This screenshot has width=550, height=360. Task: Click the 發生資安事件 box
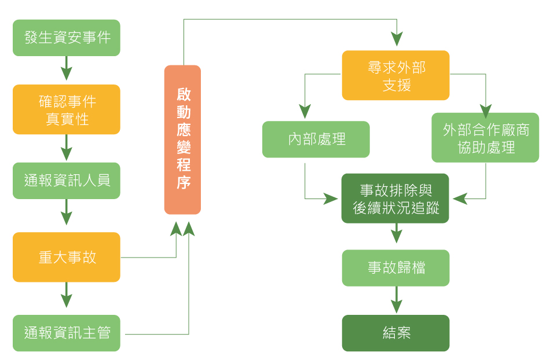[67, 38]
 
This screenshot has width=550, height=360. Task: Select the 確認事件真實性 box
[67, 109]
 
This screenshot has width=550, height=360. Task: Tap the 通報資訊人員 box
[67, 181]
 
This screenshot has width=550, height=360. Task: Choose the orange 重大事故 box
[67, 257]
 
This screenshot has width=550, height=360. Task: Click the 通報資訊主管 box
[67, 333]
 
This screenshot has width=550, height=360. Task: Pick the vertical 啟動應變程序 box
[183, 139]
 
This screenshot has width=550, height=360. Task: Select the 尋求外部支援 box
[396, 75]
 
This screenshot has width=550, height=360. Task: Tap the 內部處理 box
[316, 139]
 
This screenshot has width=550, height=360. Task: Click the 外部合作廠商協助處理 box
[486, 138]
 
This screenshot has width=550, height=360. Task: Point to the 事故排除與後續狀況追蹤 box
[396, 199]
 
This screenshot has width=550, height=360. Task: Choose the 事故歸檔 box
[396, 268]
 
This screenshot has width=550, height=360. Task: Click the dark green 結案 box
[396, 333]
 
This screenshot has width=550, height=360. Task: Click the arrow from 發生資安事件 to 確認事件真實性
[67, 69]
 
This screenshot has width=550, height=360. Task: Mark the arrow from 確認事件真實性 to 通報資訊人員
[67, 148]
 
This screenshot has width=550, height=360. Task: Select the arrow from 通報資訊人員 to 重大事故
[67, 213]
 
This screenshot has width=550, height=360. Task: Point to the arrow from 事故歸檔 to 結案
[396, 300]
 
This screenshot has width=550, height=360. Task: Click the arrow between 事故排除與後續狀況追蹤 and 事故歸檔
[396, 234]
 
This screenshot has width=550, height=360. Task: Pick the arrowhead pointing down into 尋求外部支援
[397, 39]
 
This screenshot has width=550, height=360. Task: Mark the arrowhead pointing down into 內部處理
[305, 111]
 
